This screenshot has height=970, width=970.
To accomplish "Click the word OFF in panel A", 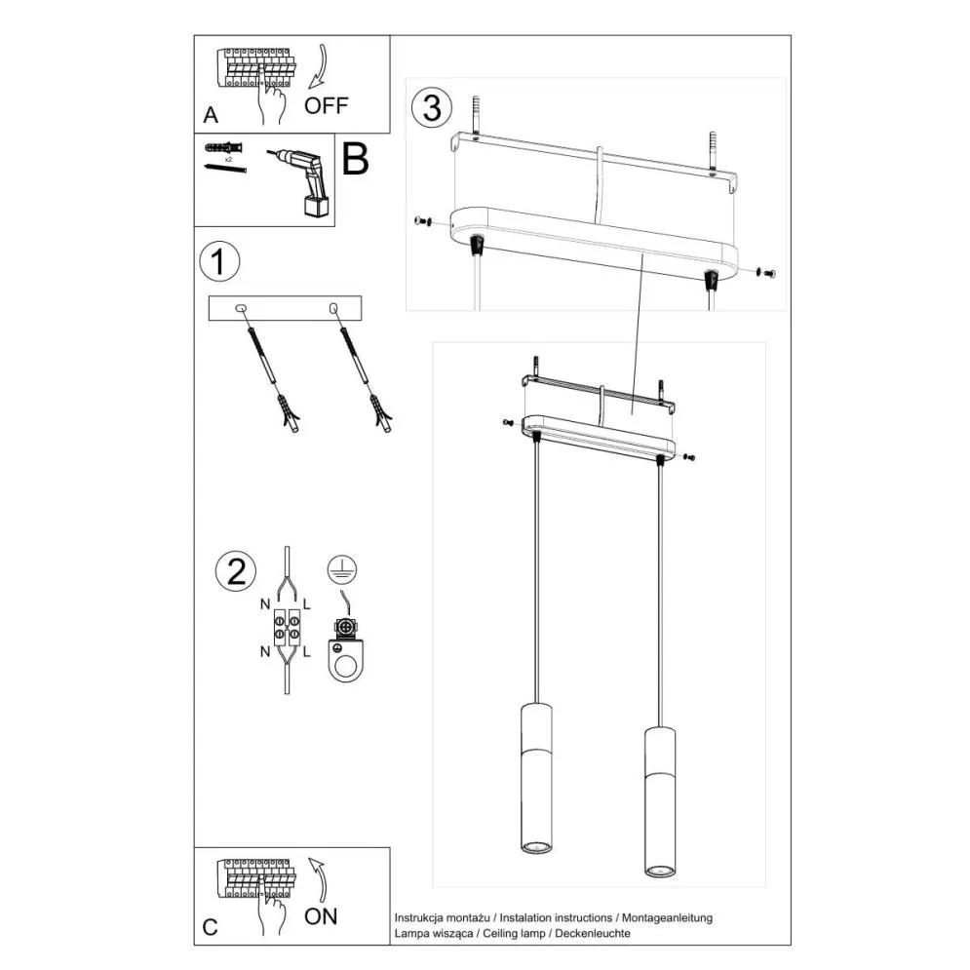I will click(326, 105).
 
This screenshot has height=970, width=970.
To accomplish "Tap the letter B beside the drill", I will click(356, 159).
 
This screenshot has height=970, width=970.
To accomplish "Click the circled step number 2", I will click(235, 570).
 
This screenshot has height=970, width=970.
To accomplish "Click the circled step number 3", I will click(431, 107).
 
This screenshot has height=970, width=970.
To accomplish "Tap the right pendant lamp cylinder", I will click(660, 798).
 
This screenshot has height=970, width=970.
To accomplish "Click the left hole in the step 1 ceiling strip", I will click(242, 309).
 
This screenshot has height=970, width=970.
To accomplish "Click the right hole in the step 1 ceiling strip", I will click(332, 309).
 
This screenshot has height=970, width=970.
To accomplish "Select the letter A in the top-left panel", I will click(210, 115).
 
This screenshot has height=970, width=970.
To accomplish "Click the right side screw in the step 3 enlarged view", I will click(765, 273).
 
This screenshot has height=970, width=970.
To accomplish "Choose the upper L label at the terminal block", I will click(308, 605).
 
